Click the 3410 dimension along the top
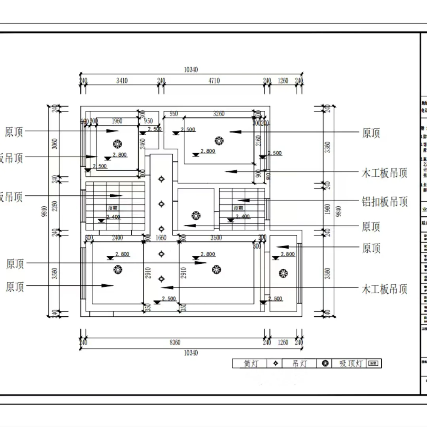(122, 81)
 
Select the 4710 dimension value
(214, 81)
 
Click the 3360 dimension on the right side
(327, 147)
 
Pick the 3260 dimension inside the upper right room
(218, 114)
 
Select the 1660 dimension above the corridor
(161, 238)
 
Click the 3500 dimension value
(216, 238)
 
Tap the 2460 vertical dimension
(143, 143)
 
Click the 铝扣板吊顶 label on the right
(384, 202)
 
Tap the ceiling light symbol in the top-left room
(117, 143)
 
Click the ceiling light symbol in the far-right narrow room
(282, 273)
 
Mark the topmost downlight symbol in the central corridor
(161, 179)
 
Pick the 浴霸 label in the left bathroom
(112, 208)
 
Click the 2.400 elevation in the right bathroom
(242, 217)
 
